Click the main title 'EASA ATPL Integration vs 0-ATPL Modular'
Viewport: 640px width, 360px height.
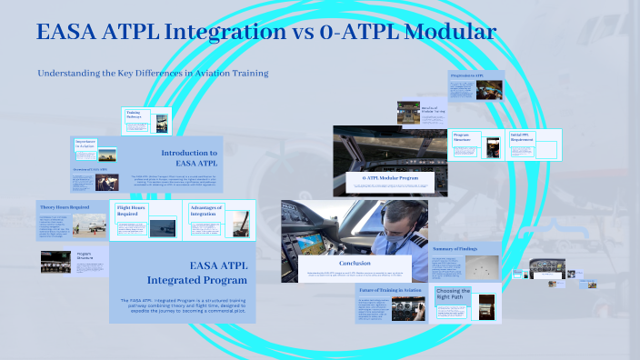click(x=265, y=33)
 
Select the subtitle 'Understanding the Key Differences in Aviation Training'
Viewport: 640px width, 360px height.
click(x=153, y=73)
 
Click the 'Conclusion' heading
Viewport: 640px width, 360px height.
click(x=354, y=264)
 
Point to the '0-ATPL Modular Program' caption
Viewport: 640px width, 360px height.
click(x=398, y=178)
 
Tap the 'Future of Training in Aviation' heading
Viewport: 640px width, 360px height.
click(x=395, y=289)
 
